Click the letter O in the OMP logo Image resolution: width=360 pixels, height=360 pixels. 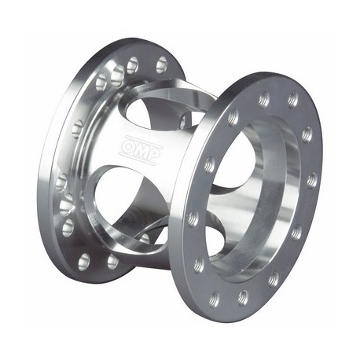[129, 146]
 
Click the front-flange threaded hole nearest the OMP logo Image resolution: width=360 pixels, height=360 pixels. [209, 164]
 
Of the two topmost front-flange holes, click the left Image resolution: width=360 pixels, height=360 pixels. [264, 99]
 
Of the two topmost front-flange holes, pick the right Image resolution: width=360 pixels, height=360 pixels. [293, 100]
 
